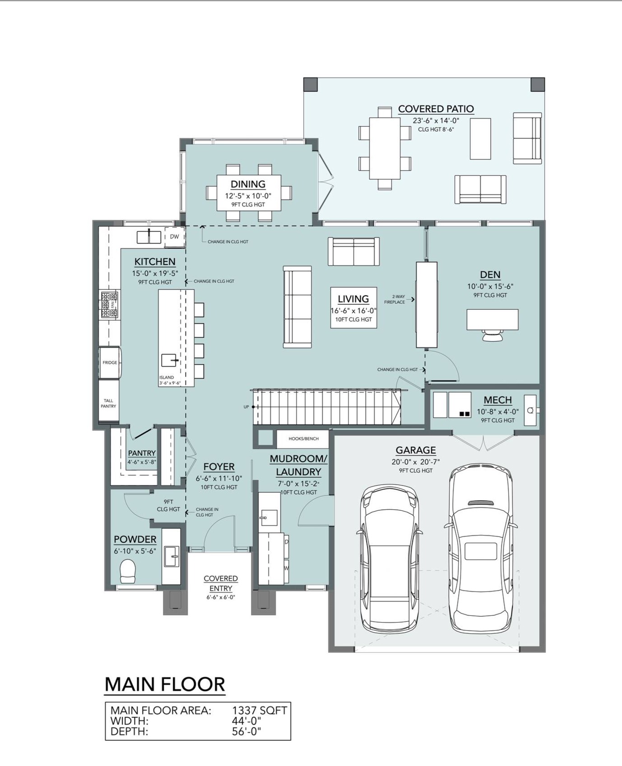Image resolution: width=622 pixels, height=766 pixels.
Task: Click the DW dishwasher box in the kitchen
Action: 174,237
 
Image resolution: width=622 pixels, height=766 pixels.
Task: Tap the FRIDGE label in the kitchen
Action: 110,362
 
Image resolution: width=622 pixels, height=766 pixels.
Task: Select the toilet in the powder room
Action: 128,571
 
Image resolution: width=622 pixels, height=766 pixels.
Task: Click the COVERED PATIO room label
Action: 436,109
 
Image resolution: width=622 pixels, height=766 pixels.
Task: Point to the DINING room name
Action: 248,184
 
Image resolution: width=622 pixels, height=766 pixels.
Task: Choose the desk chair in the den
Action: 492,335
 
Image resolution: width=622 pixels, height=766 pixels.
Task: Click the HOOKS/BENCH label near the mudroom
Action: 304,439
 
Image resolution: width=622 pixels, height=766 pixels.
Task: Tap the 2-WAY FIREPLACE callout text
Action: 395,299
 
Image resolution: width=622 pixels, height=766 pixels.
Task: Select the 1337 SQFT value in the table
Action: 260,711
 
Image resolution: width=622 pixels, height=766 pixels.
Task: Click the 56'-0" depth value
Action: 246,731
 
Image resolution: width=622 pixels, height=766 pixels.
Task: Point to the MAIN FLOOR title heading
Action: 165,684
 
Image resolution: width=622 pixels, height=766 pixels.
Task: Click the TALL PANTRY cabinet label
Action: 108,403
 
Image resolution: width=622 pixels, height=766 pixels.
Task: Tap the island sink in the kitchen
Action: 169,360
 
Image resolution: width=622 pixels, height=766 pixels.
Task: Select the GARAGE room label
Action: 416,450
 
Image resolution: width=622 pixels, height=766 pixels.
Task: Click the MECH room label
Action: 498,400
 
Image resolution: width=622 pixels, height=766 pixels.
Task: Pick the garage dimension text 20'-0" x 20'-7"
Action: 416,462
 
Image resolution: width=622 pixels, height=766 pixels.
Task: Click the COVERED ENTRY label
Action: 221,583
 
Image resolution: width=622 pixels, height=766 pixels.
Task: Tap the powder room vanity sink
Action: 172,556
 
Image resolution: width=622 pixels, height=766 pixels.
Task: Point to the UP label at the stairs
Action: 246,407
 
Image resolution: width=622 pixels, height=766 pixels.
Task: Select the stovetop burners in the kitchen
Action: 109,305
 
